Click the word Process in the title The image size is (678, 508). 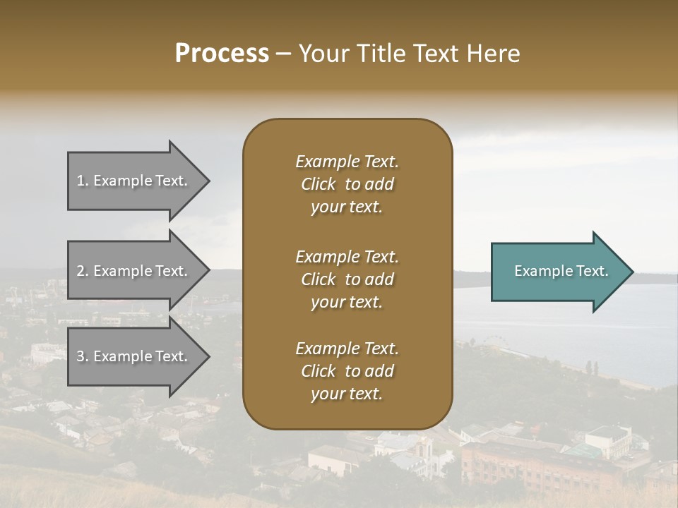click(222, 54)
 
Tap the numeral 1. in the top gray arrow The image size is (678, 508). click(83, 181)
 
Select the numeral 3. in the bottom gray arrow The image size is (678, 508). click(83, 356)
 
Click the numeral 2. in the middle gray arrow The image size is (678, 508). click(83, 271)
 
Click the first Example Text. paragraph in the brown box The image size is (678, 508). click(347, 184)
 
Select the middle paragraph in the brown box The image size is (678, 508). click(347, 279)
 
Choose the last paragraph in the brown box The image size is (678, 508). click(347, 371)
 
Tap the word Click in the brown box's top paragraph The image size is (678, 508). click(319, 184)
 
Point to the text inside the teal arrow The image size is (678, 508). click(561, 271)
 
